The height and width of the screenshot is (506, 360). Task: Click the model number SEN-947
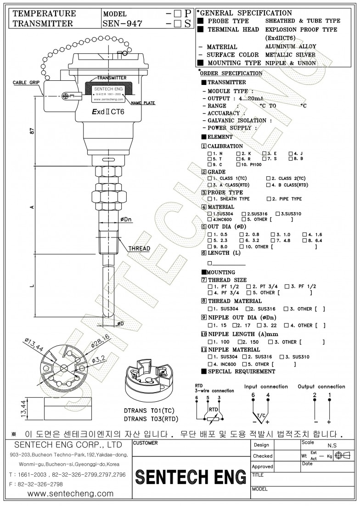(122, 23)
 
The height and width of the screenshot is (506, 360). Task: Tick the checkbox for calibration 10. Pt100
(238, 164)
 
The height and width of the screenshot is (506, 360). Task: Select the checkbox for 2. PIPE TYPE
(269, 199)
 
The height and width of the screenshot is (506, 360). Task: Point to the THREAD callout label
(139, 248)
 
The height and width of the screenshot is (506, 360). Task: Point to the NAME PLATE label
(142, 103)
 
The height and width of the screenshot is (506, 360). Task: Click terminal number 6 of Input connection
(253, 395)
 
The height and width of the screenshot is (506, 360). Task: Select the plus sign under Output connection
(329, 422)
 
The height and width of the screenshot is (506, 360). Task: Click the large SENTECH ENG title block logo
(191, 478)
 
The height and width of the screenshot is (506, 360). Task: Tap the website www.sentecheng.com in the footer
(70, 494)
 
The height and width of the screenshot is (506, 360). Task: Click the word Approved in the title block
(263, 467)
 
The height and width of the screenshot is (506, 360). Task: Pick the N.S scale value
(332, 445)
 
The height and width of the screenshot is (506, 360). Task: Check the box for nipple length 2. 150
(240, 342)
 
